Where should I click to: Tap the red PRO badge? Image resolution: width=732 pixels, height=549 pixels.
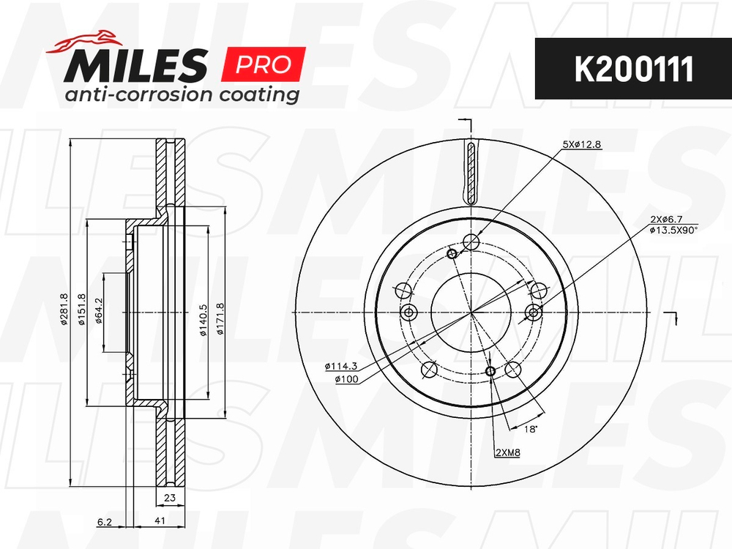263,64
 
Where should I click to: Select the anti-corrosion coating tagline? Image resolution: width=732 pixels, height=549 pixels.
182,95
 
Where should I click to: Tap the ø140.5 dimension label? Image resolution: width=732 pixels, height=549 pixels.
203,319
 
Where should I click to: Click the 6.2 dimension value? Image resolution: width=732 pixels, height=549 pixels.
104,520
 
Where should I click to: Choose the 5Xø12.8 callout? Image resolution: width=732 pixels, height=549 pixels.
581,144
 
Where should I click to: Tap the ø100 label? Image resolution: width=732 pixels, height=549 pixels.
345,378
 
